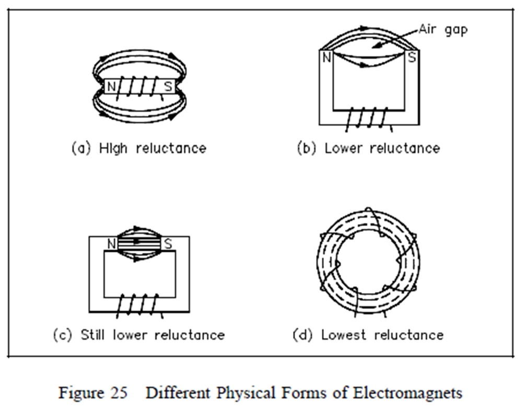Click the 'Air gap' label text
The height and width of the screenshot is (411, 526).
[x=443, y=29]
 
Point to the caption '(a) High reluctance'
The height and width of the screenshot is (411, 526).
[x=138, y=148]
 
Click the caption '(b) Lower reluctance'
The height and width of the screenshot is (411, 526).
[x=368, y=148]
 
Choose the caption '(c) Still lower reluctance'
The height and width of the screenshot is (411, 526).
[x=139, y=335]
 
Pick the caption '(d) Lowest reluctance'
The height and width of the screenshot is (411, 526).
[x=368, y=335]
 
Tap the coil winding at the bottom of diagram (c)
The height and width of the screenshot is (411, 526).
[x=138, y=304]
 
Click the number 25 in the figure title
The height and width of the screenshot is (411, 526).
[x=118, y=393]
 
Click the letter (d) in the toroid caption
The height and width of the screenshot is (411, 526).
[x=302, y=335]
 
